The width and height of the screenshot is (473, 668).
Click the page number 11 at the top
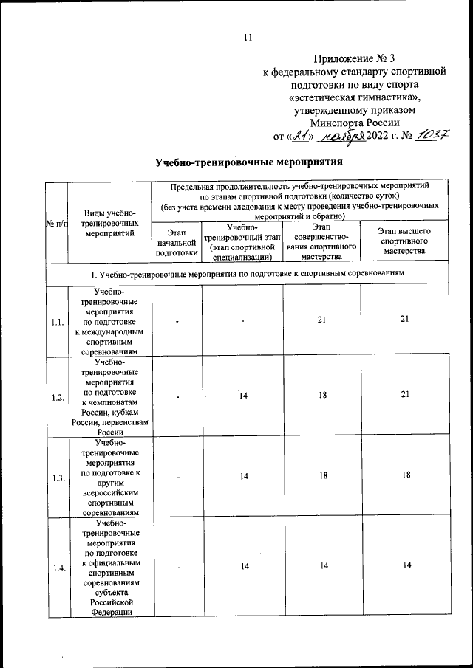pyautogui.click(x=248, y=38)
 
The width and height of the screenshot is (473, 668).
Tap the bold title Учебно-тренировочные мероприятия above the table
pyautogui.click(x=250, y=162)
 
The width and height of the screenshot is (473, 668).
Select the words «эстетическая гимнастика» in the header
pyautogui.click(x=355, y=97)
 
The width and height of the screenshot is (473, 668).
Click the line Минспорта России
pyautogui.click(x=355, y=123)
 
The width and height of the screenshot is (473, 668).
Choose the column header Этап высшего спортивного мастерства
pyautogui.click(x=405, y=241)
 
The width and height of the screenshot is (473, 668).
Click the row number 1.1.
pyautogui.click(x=56, y=322)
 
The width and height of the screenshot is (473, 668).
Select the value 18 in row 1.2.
pyautogui.click(x=322, y=396)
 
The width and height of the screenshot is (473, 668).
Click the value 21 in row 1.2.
pyautogui.click(x=405, y=396)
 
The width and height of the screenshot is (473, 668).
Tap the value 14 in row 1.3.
pyautogui.click(x=242, y=477)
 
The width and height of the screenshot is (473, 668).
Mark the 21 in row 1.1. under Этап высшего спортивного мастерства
pyautogui.click(x=405, y=320)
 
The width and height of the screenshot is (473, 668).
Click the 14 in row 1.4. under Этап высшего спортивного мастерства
pyautogui.click(x=405, y=565)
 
